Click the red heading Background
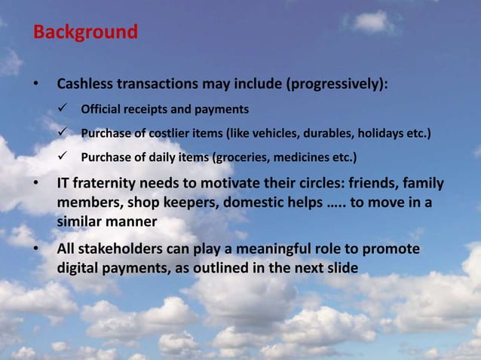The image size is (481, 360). coord(85,32)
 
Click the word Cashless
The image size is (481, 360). coord(88,83)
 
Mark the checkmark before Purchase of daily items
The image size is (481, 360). coord(65,157)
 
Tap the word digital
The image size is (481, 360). coord(79,268)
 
